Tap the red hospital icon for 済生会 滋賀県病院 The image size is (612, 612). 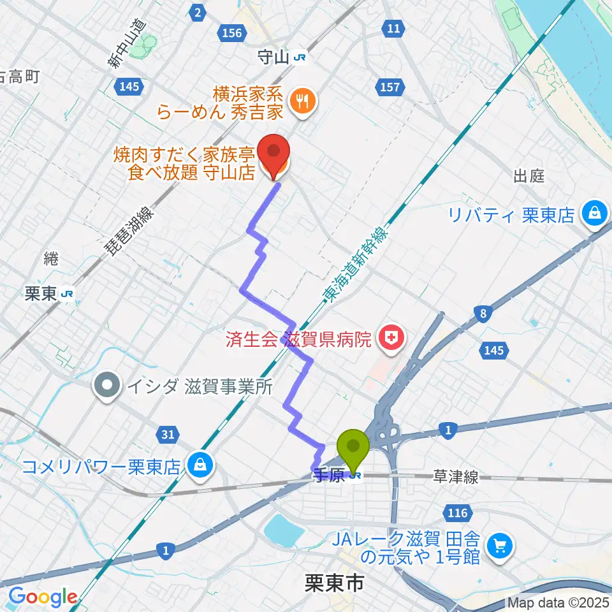click(390, 337)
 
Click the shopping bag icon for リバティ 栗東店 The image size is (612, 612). click(595, 214)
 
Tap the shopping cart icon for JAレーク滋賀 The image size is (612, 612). click(499, 546)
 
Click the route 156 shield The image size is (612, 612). click(231, 33)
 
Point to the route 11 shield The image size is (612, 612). click(393, 28)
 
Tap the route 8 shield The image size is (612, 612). click(484, 312)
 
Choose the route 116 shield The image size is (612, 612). click(461, 513)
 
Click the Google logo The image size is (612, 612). click(43, 597)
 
